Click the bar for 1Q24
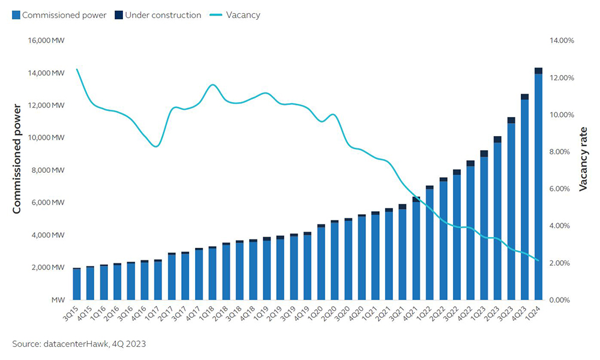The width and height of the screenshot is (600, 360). (538, 186)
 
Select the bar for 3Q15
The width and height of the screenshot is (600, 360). (77, 284)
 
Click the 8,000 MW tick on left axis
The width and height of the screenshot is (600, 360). (47, 170)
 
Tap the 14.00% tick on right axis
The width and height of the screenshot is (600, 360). (562, 41)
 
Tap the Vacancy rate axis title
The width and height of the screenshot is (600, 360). (583, 159)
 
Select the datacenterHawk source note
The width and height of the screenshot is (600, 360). (79, 344)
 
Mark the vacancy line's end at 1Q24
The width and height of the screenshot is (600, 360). (538, 260)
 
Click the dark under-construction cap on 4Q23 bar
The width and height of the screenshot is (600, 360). (524, 97)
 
